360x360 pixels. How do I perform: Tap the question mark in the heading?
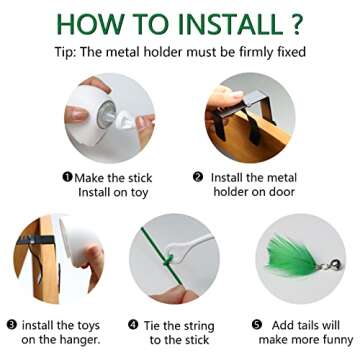(x=297, y=24)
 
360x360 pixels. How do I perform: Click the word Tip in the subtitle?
(x=64, y=53)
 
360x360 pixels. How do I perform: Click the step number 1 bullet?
(x=68, y=177)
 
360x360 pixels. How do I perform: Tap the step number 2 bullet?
(x=198, y=177)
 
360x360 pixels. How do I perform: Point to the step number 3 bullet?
(x=12, y=325)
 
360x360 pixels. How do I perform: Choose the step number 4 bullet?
(x=133, y=325)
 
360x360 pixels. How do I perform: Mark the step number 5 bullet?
(x=257, y=325)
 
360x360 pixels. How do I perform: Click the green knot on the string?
(x=168, y=260)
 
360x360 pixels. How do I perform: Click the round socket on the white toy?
(x=107, y=114)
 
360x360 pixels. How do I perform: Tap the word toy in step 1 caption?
(x=138, y=193)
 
